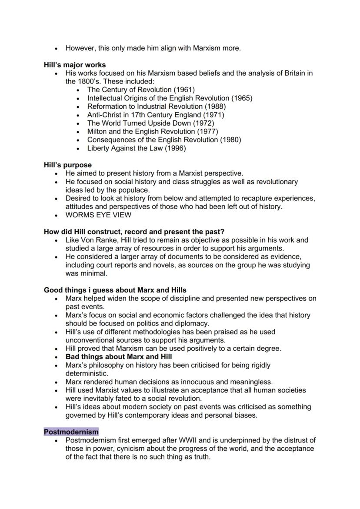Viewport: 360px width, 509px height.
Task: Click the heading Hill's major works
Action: point(75,65)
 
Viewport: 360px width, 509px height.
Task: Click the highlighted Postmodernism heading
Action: point(71,432)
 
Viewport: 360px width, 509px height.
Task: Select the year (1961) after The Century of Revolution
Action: point(184,90)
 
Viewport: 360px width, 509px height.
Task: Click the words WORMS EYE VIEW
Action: point(98,215)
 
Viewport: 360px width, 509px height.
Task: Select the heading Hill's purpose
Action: point(68,165)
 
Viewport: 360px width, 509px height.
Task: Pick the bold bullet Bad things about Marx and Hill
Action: point(119,357)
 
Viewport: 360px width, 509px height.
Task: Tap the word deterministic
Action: point(87,373)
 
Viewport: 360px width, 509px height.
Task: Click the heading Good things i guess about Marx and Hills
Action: point(115,290)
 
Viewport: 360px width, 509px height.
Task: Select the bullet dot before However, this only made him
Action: point(57,48)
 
